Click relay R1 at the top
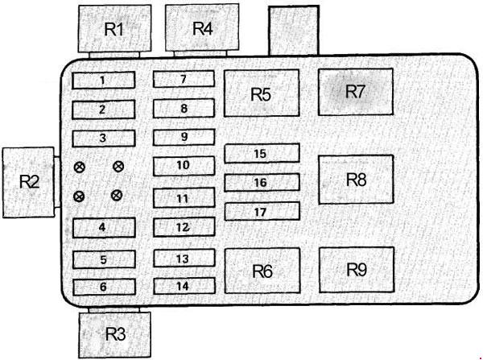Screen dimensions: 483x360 pyautogui.click(x=114, y=29)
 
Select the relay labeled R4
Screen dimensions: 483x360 pyautogui.click(x=202, y=27)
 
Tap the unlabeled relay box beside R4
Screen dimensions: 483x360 pyautogui.click(x=294, y=31)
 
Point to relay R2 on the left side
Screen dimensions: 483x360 pyautogui.click(x=29, y=182)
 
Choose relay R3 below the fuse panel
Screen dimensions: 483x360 pyautogui.click(x=114, y=335)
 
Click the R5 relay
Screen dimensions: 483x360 pyautogui.click(x=262, y=93)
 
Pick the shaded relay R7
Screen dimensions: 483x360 pyautogui.click(x=356, y=92)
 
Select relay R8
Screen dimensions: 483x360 pyautogui.click(x=356, y=180)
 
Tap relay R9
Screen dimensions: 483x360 pyautogui.click(x=357, y=270)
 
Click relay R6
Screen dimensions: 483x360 pyautogui.click(x=262, y=271)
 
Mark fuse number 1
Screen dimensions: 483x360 pyautogui.click(x=104, y=81)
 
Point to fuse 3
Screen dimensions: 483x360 pyautogui.click(x=104, y=139)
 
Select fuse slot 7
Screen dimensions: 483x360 pyautogui.click(x=184, y=79)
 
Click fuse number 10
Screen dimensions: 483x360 pyautogui.click(x=184, y=166)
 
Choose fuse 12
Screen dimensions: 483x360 pyautogui.click(x=184, y=227)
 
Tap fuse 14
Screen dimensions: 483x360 pyautogui.click(x=184, y=286)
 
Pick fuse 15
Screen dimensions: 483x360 pyautogui.click(x=262, y=153)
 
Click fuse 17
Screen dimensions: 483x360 pyautogui.click(x=262, y=212)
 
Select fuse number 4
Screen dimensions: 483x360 pyautogui.click(x=104, y=227)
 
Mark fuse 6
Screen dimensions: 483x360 pyautogui.click(x=104, y=287)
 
